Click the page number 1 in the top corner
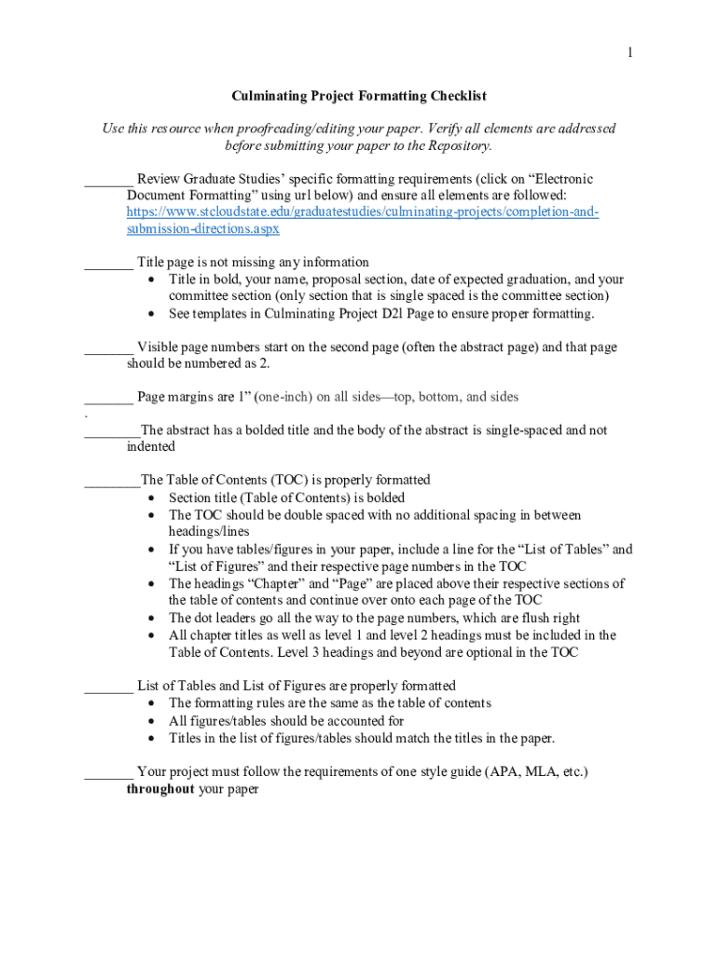point(630,53)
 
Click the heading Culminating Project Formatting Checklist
point(359,96)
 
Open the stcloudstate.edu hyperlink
point(363,212)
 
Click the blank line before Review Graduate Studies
point(105,179)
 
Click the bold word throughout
point(160,789)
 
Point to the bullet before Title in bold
point(153,279)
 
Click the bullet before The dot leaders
point(153,618)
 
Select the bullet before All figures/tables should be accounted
point(153,721)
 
